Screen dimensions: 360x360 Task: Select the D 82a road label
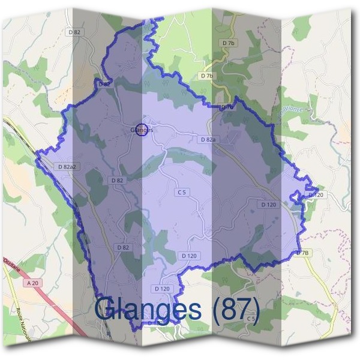click(207, 139)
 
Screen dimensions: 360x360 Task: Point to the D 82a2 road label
click(67, 166)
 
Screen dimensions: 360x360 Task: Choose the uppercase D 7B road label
click(303, 253)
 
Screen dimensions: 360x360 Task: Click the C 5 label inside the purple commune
click(182, 192)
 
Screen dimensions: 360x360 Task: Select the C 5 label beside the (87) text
click(251, 318)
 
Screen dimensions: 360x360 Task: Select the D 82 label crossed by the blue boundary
click(103, 85)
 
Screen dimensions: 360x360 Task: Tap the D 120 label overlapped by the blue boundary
click(316, 195)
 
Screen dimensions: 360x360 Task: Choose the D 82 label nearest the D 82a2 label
click(117, 180)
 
